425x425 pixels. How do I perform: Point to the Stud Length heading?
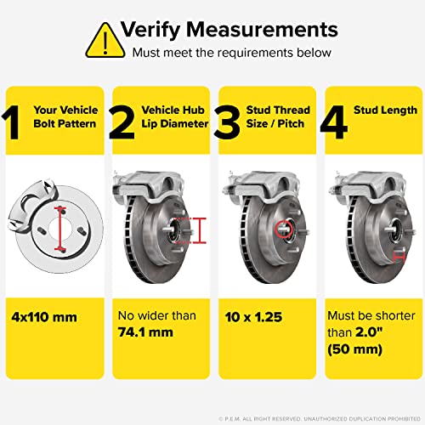pos(383,109)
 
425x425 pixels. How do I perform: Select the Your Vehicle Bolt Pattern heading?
pos(65,116)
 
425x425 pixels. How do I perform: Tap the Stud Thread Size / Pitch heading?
pos(277,116)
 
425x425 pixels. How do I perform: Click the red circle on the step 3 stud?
pos(282,226)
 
